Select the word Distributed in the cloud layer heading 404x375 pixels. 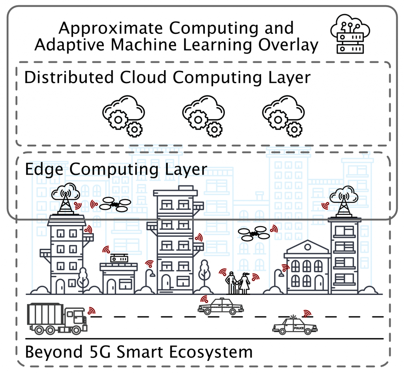pyautogui.click(x=70, y=77)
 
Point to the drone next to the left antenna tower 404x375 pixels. pyautogui.click(x=115, y=204)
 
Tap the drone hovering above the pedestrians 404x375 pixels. pyautogui.click(x=254, y=233)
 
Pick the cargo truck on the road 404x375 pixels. pyautogui.click(x=57, y=318)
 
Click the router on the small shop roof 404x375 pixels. pyautogui.click(x=119, y=259)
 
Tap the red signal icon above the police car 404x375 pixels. pyautogui.click(x=307, y=313)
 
